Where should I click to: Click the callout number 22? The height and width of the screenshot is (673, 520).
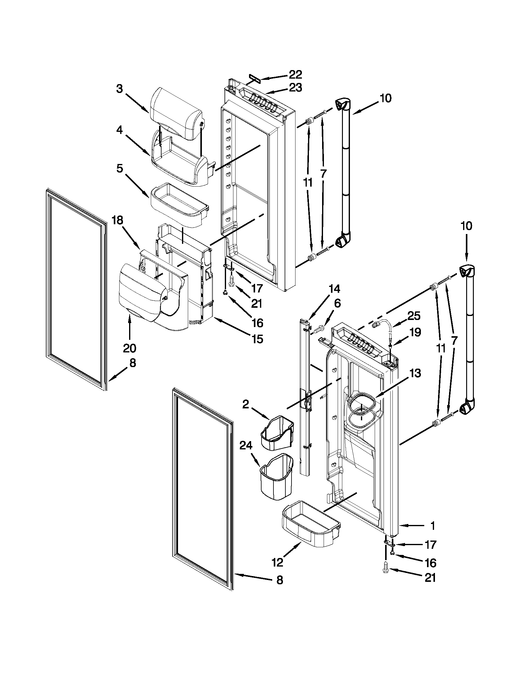295,75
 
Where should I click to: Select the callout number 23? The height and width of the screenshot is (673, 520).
295,88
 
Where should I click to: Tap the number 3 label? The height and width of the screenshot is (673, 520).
120,89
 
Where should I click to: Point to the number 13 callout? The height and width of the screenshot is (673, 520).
415,373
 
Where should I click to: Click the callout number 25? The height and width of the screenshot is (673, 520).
414,316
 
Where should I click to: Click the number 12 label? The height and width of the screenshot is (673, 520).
277,562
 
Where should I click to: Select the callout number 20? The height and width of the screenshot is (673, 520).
129,348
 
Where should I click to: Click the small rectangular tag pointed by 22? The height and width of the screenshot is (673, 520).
254,81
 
